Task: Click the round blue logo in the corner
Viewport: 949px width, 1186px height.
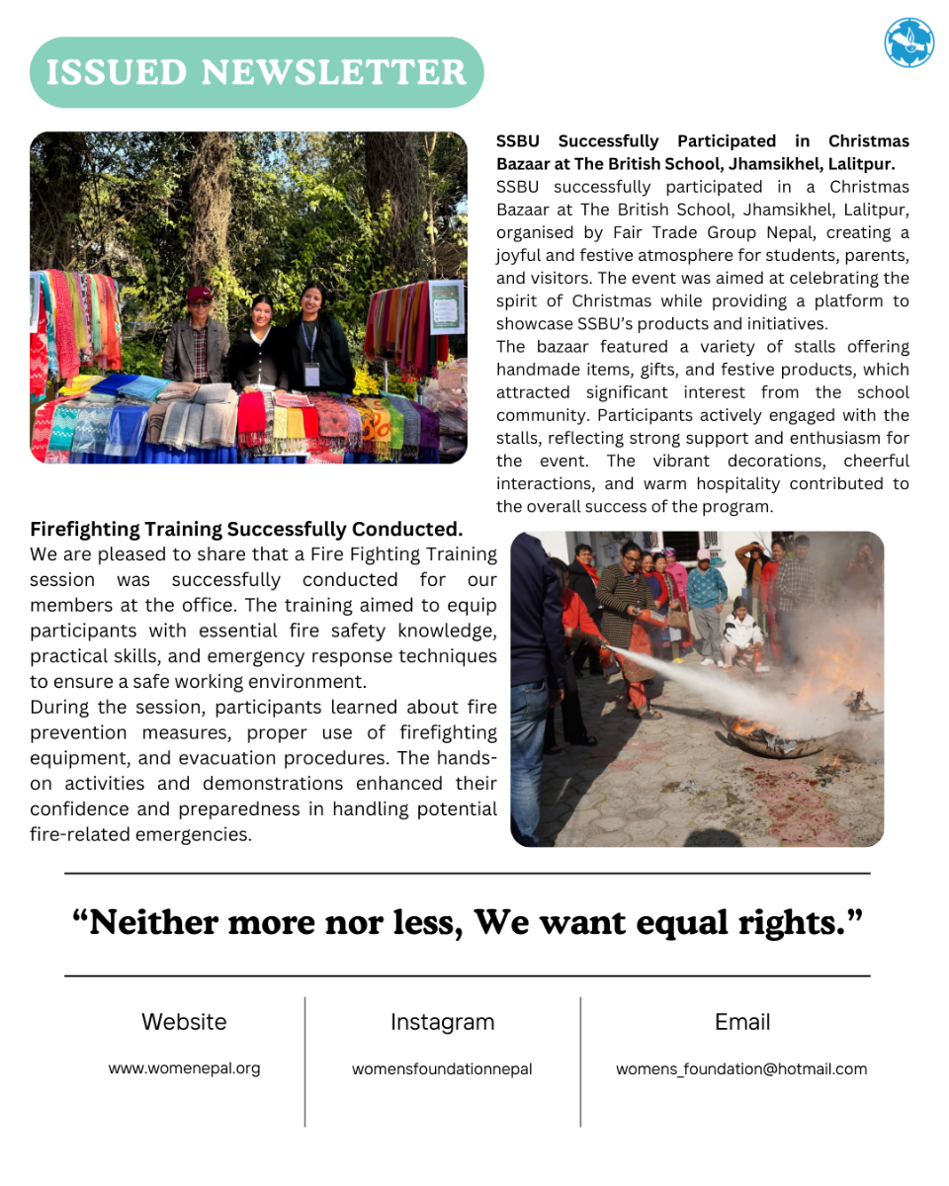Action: click(908, 42)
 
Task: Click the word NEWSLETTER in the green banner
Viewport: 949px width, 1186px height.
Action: click(334, 72)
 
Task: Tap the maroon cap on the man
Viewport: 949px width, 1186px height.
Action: click(199, 295)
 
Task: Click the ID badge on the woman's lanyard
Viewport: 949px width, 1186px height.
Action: click(311, 374)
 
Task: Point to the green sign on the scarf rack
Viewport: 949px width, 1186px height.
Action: click(446, 305)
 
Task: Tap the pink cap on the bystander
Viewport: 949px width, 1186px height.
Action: click(704, 554)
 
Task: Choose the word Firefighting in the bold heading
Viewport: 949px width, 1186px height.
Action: click(88, 529)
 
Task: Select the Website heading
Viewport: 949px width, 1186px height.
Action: click(184, 1022)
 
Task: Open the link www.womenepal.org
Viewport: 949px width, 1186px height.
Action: click(184, 1068)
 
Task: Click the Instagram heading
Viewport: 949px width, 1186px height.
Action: click(442, 1022)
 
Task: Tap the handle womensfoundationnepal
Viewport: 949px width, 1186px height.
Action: click(442, 1068)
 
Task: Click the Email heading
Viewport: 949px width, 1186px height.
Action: click(742, 1022)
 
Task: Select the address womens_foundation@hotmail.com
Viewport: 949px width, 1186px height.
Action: click(741, 1068)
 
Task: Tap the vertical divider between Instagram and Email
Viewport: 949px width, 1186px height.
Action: click(580, 1061)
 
